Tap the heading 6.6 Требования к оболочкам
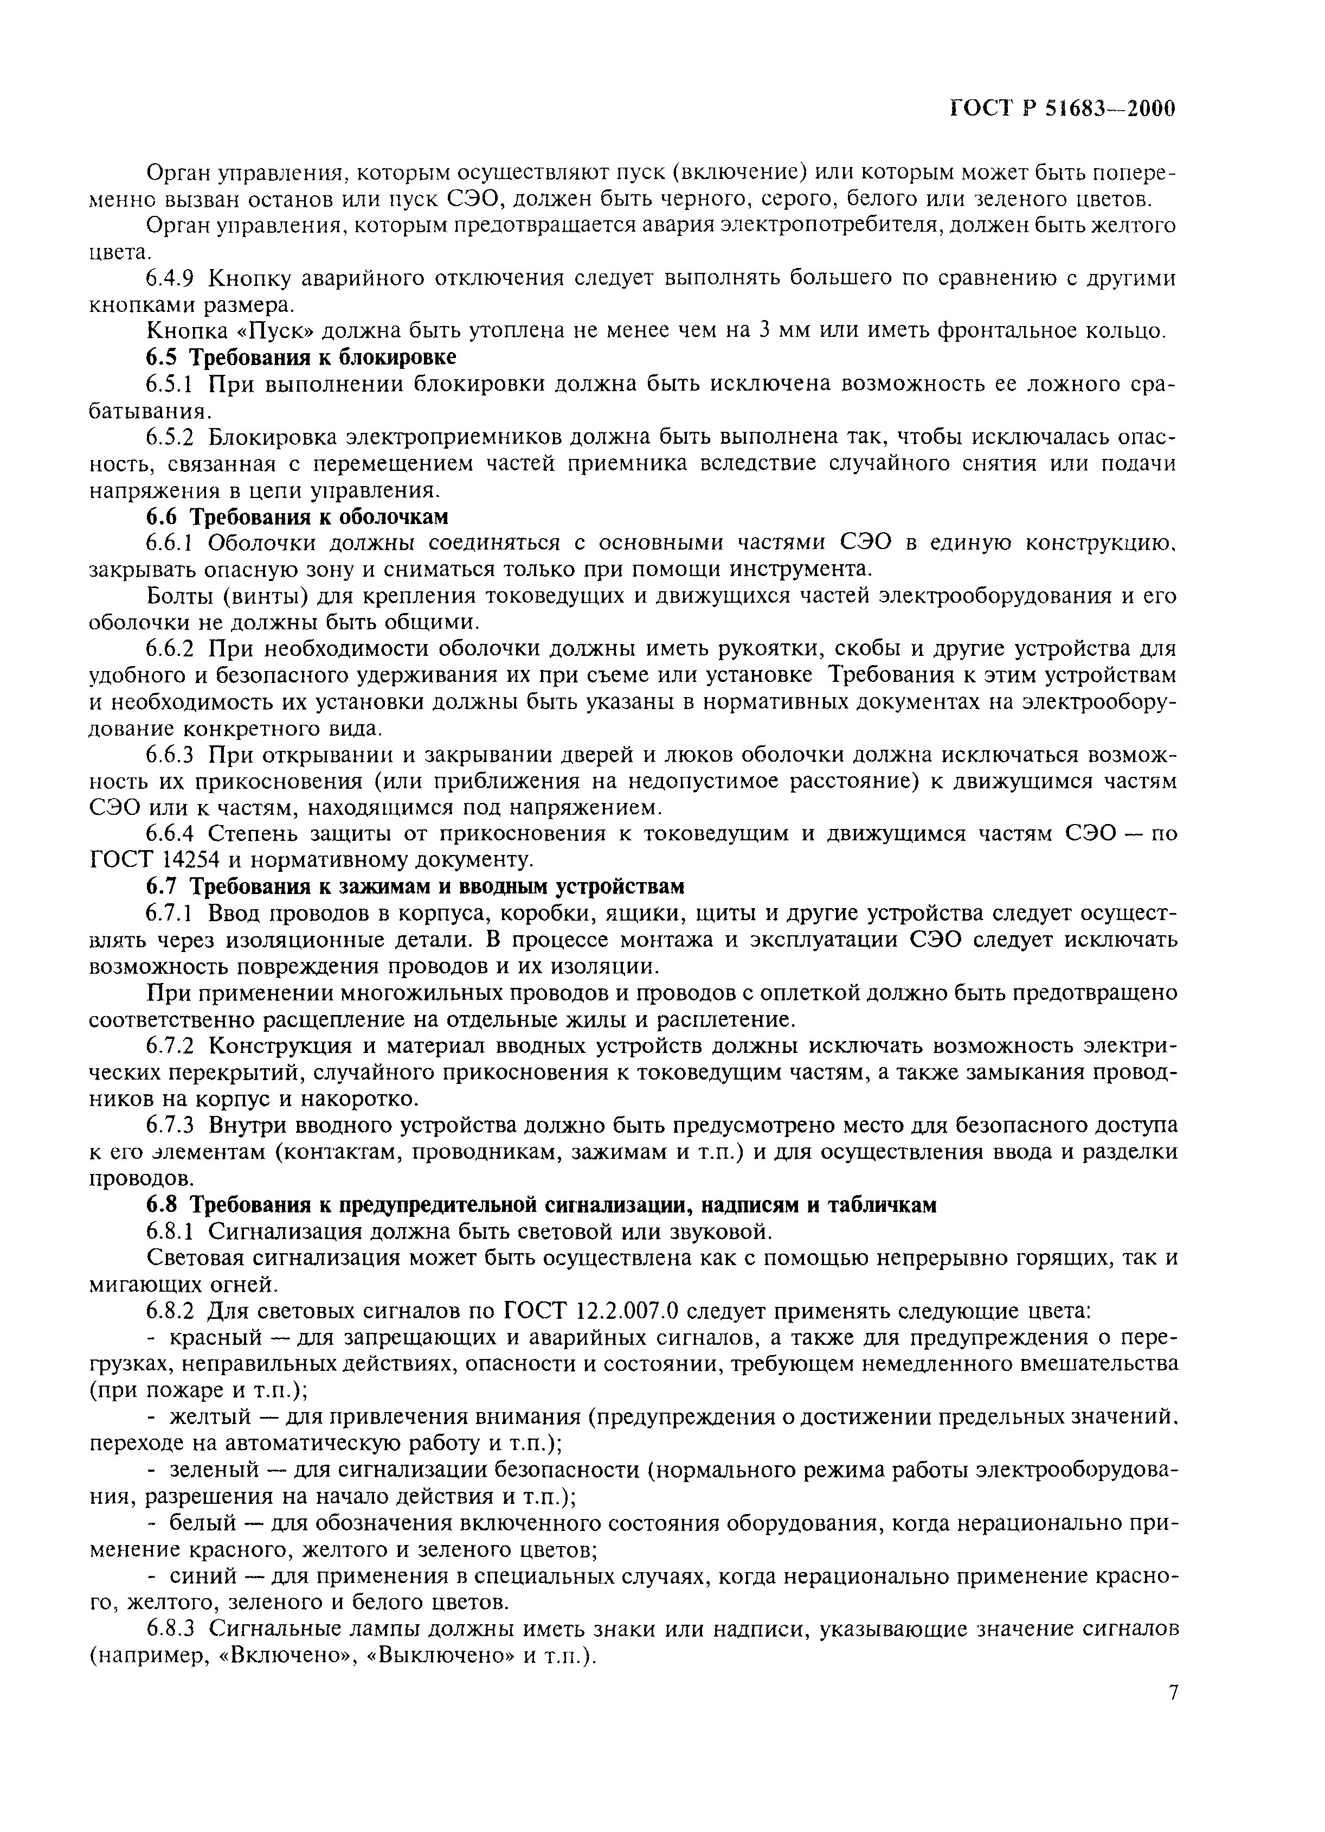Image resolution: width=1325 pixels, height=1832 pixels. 297,516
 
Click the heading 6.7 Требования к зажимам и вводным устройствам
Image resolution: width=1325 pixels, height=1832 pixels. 415,886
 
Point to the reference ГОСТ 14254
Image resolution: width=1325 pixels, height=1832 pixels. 165,859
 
